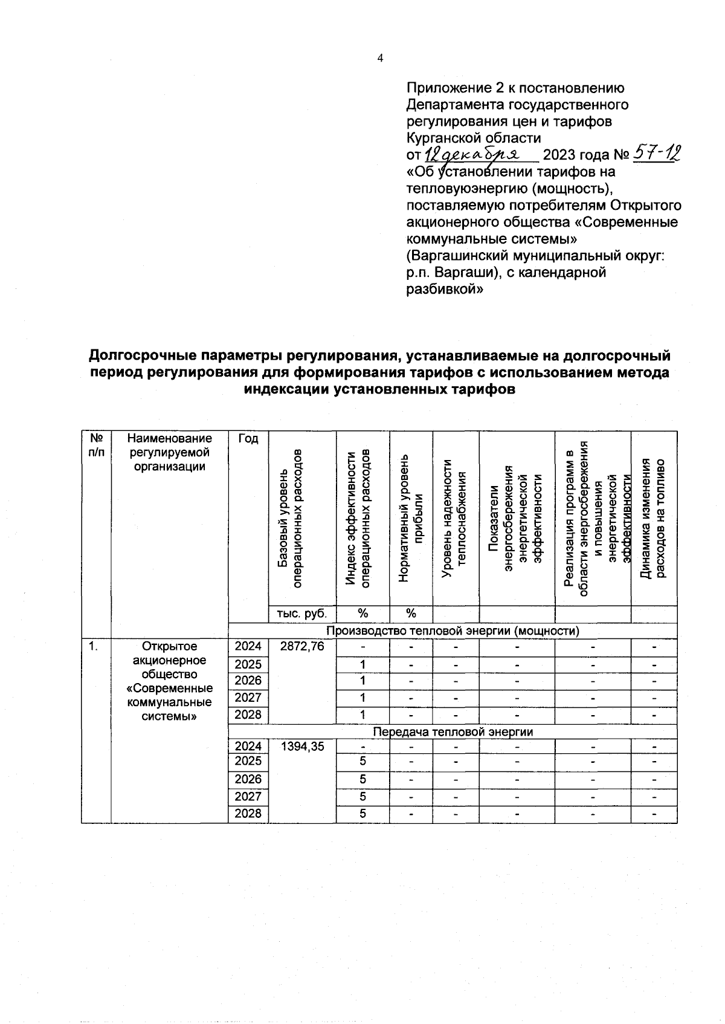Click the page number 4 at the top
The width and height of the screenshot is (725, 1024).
point(379,59)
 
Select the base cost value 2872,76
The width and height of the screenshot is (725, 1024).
point(302,647)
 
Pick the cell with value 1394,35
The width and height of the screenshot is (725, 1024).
point(302,747)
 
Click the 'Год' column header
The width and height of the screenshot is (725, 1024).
point(248,439)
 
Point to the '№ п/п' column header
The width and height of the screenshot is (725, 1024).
point(96,446)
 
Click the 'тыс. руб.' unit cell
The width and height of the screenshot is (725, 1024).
point(301,614)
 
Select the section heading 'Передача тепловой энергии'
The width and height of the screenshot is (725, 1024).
point(453,732)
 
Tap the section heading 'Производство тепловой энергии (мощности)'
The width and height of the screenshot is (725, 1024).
point(453,631)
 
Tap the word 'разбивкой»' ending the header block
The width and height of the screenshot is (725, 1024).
point(445,289)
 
